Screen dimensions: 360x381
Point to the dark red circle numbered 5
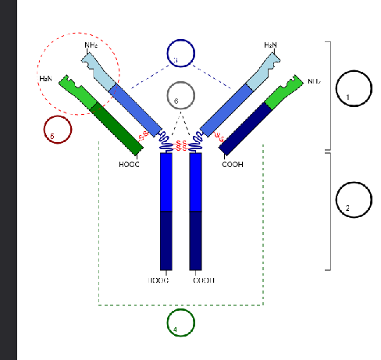click(57, 129)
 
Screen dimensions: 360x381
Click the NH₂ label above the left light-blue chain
click(91, 46)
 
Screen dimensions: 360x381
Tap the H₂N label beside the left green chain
click(46, 79)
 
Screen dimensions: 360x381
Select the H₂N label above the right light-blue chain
click(271, 46)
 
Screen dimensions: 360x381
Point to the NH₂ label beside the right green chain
click(315, 80)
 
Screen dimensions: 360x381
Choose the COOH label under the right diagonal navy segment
click(233, 164)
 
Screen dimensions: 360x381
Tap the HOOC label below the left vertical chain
click(158, 280)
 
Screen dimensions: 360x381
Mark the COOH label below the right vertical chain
click(203, 280)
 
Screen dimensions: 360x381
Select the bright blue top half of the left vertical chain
click(166, 181)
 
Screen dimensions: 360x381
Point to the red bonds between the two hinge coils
click(181, 144)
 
